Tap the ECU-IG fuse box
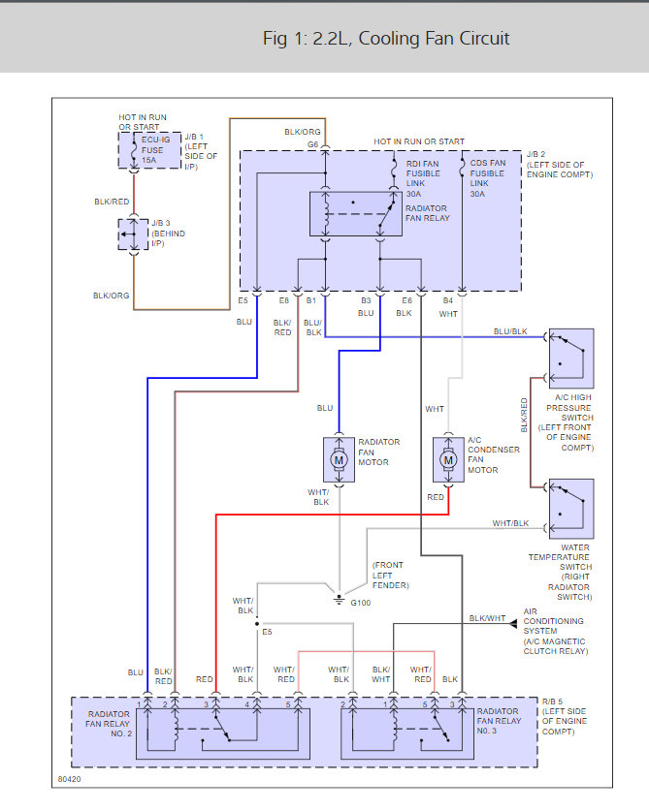[143, 150]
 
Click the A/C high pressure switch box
[570, 358]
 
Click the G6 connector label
[313, 144]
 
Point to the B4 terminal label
[448, 300]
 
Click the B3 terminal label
[366, 300]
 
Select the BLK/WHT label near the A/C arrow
[487, 618]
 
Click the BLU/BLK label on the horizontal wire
[510, 331]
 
